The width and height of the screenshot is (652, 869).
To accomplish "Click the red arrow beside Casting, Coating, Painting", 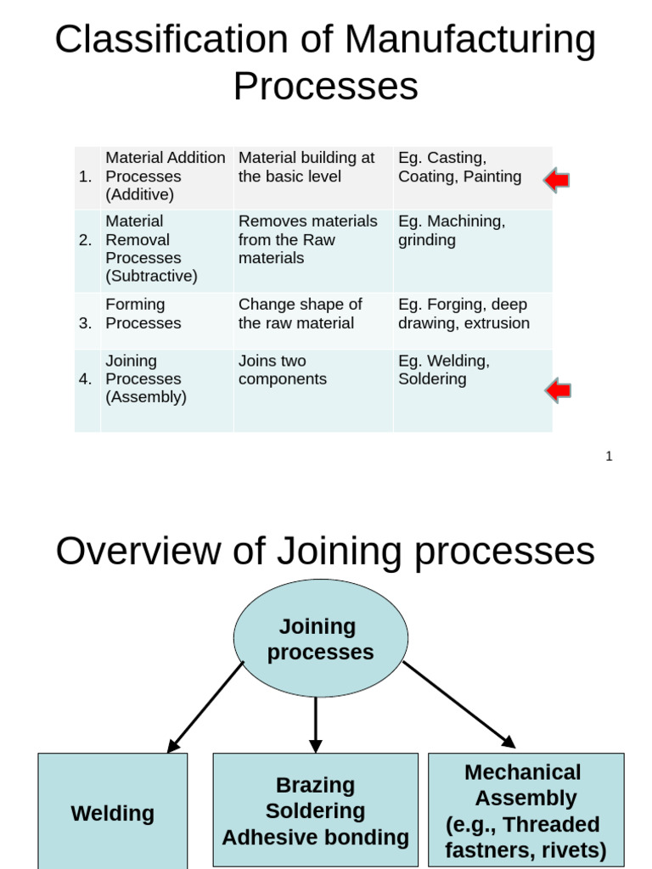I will click(557, 180).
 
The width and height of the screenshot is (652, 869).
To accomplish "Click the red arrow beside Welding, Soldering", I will click(558, 390).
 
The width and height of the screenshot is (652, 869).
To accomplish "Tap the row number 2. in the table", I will click(86, 240).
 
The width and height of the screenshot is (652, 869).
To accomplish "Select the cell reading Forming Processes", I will click(143, 314).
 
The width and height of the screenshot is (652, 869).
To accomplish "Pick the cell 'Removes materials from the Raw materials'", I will click(308, 240).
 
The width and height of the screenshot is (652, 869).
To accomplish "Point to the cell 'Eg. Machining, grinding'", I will click(452, 231).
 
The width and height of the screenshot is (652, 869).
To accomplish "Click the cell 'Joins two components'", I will click(283, 370).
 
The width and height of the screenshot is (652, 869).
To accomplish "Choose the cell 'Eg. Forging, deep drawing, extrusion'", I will click(464, 314).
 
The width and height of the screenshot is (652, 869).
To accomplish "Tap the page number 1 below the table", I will click(609, 457).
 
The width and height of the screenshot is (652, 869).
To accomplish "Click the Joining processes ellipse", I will click(320, 639).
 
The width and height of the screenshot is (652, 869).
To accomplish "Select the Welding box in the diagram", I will click(112, 812).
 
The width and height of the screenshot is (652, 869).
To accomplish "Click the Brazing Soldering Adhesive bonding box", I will click(315, 810).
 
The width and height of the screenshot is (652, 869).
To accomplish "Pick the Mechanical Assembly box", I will click(526, 810).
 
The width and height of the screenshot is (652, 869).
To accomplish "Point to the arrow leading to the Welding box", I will click(205, 707).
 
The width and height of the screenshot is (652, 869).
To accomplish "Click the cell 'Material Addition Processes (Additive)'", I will click(166, 177).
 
